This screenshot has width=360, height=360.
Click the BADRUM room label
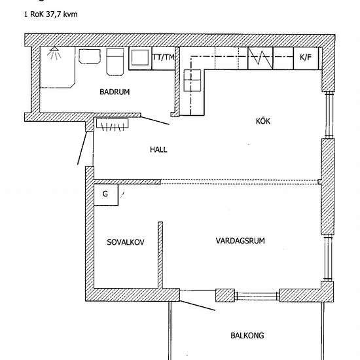click(115, 92)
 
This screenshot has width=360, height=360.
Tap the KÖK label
click(263, 121)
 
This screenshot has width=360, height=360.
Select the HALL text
click(158, 150)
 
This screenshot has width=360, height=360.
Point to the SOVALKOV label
click(126, 242)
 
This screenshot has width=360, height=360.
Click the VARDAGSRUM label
click(240, 241)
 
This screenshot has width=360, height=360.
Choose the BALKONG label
click(247, 336)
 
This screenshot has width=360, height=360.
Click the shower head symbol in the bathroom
click(54, 53)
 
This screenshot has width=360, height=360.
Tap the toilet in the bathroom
click(115, 62)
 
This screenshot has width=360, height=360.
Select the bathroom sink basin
click(90, 56)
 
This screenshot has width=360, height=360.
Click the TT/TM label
click(164, 58)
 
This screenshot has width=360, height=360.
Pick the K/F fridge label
click(306, 57)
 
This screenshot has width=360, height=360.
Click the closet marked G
click(106, 194)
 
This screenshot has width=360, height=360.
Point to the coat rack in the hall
click(112, 125)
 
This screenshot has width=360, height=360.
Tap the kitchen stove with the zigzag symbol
click(261, 58)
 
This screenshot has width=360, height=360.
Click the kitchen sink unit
click(192, 81)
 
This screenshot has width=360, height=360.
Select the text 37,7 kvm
click(62, 14)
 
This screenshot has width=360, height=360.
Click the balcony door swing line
click(197, 306)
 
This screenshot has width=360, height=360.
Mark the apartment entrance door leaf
click(82, 148)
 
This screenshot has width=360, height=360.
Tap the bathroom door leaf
click(154, 121)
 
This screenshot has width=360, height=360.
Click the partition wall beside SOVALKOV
click(160, 255)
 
